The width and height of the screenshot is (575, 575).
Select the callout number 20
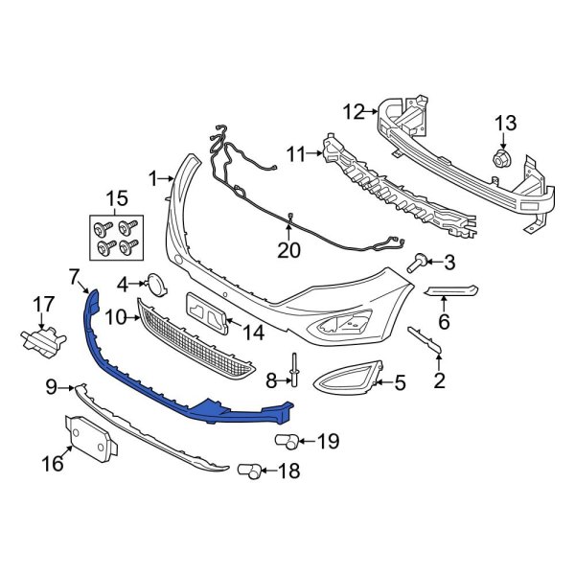click(x=289, y=251)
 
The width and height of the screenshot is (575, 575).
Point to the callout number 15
click(x=117, y=199)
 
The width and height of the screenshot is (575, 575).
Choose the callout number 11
click(x=294, y=152)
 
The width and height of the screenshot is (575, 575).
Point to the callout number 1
click(x=151, y=177)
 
